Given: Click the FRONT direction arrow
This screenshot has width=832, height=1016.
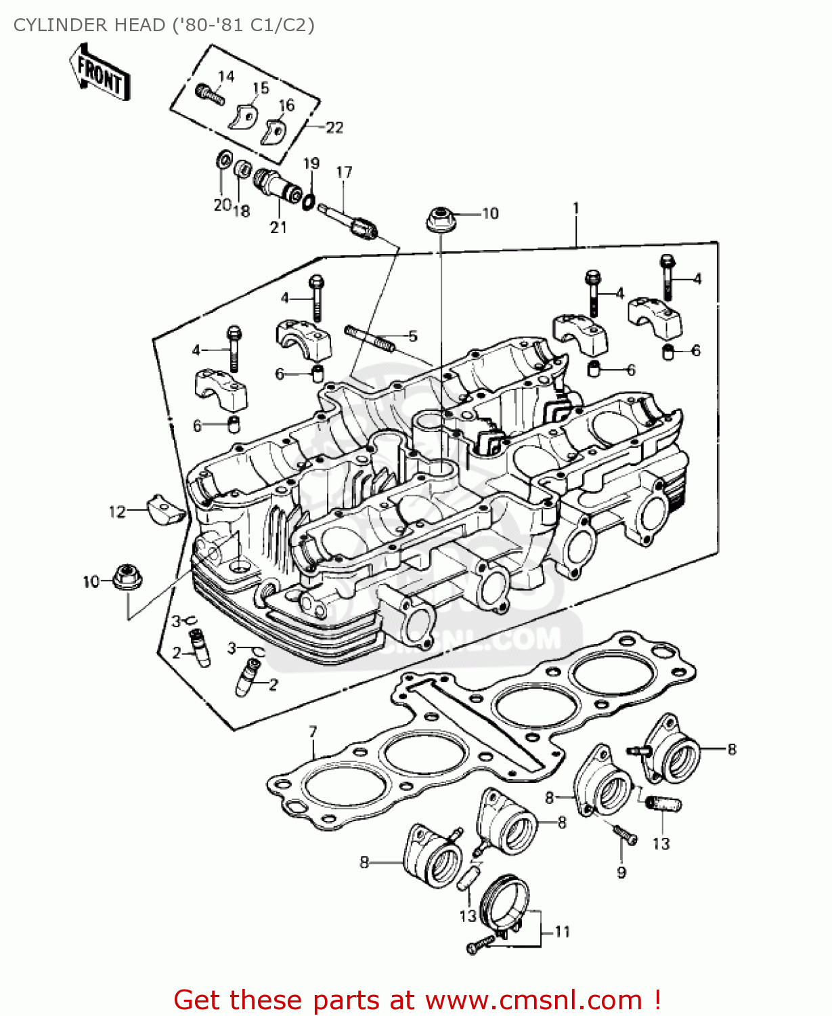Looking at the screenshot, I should click(100, 73).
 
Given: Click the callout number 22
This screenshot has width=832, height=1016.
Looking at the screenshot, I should click(334, 127).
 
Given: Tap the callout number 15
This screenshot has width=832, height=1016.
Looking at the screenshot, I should click(261, 88).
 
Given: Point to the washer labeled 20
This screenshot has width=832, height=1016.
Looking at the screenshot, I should click(221, 161).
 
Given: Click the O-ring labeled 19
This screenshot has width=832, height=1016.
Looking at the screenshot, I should click(309, 200).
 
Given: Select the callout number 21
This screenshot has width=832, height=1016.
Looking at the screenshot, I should click(278, 228).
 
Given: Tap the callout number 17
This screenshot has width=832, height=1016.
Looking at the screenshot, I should click(344, 172).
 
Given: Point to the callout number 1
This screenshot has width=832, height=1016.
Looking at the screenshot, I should click(576, 208).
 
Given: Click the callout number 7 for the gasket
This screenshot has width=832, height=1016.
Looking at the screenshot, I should click(313, 732).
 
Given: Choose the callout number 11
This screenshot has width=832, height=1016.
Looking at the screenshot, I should click(562, 932).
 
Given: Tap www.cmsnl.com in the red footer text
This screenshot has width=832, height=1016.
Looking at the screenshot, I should click(533, 1000).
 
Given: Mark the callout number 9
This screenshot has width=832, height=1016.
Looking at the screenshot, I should click(621, 872).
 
